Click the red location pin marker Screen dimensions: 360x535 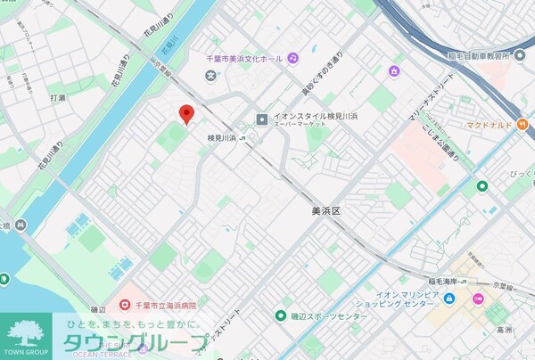(x=186, y=114)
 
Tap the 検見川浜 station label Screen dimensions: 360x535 (x=221, y=138)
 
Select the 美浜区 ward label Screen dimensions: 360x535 (x=327, y=211)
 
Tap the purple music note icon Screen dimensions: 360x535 (x=292, y=58)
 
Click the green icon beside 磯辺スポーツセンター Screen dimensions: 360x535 (x=281, y=315)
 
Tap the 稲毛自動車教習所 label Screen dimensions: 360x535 (x=481, y=55)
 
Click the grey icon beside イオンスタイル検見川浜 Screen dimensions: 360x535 (x=262, y=119)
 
